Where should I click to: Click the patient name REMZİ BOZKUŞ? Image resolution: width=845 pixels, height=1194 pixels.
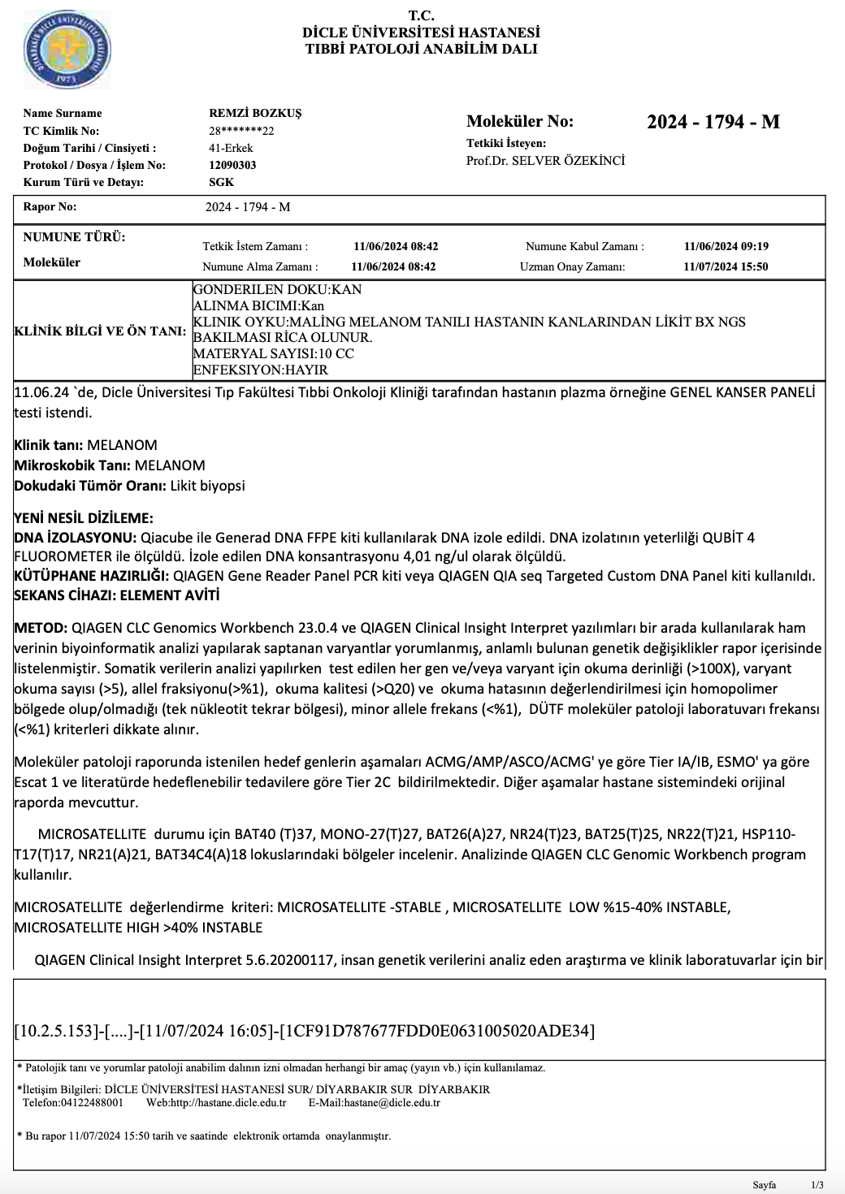click(255, 114)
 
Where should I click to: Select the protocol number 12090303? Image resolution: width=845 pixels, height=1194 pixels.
click(232, 165)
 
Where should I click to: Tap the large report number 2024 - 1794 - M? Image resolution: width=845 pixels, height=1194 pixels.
click(713, 123)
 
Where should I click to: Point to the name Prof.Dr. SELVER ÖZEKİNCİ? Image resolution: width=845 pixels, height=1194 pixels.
click(545, 161)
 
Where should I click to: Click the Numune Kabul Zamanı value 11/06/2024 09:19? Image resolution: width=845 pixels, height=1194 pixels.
click(726, 247)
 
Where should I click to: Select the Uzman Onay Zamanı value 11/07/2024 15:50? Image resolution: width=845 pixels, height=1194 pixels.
click(726, 266)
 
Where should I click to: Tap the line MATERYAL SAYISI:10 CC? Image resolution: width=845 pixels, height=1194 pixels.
click(273, 354)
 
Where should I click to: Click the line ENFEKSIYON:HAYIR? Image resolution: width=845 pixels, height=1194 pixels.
click(260, 370)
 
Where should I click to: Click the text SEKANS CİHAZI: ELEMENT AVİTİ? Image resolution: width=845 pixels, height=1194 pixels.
click(117, 595)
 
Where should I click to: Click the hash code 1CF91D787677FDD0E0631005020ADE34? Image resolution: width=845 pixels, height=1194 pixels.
click(436, 1032)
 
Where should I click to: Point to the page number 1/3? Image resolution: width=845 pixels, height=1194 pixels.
click(817, 1185)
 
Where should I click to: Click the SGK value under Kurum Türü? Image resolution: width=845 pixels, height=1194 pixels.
click(221, 182)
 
